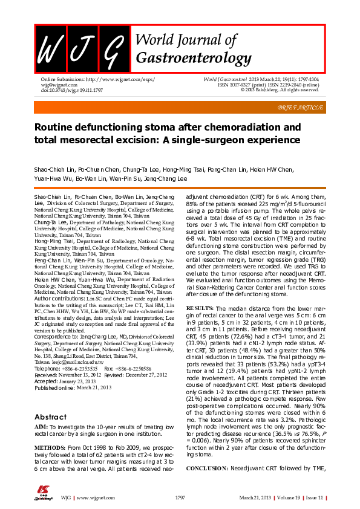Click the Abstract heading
tap(51, 400)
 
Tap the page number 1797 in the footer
tap(180, 497)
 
